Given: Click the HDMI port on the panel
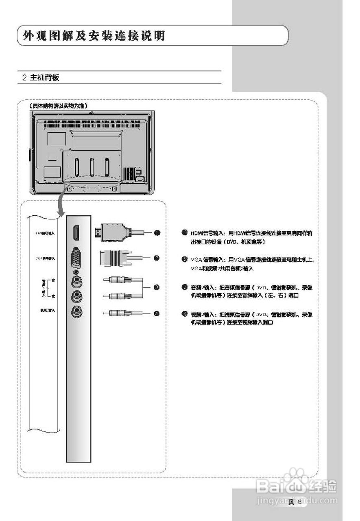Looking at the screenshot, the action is coord(76,233).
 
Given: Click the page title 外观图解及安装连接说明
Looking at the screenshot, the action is coord(94,36).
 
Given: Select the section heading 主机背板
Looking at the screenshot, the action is coord(45,77).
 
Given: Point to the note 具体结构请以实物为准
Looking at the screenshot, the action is coord(59,105).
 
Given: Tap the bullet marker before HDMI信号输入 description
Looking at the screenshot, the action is coord(184,232).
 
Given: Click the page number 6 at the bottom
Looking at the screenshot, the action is coord(300,501).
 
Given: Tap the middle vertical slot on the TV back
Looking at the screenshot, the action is coord(92,167).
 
